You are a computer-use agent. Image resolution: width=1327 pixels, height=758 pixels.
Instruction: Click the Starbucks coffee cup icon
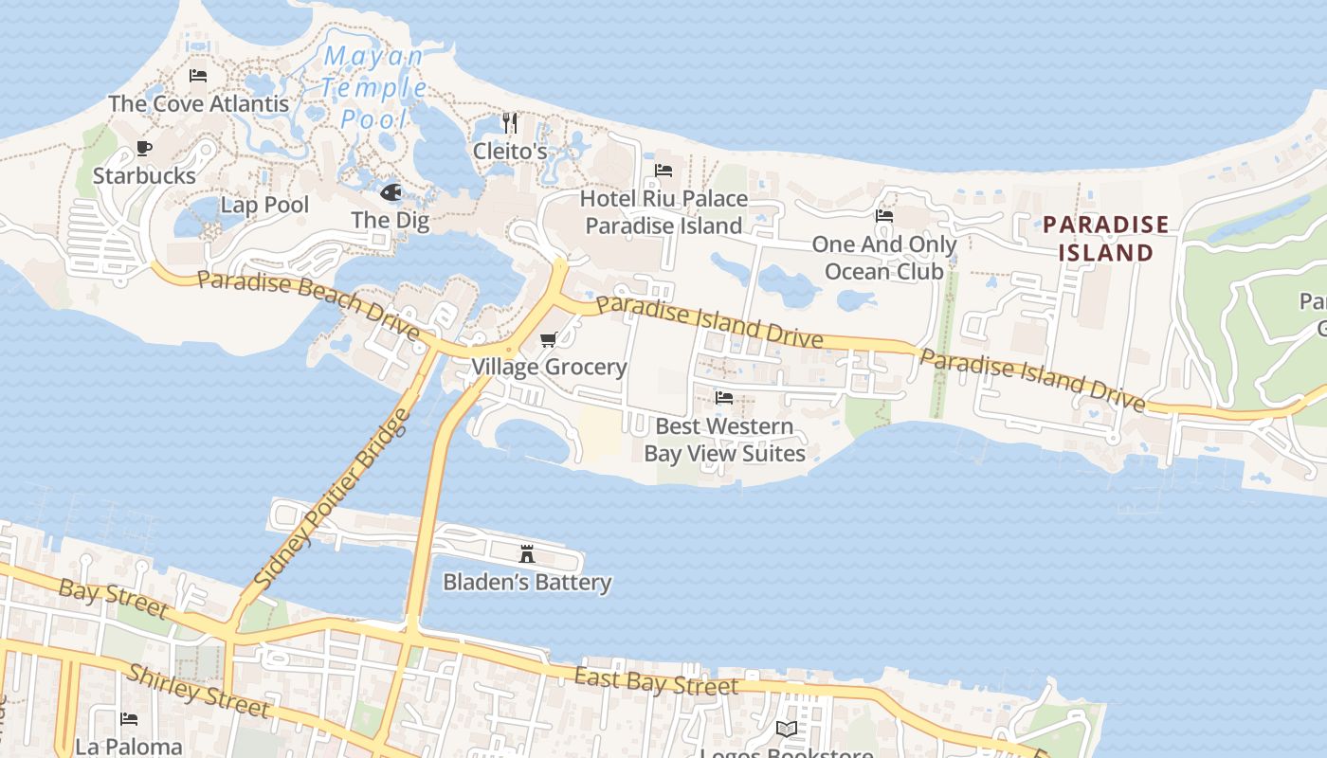[143, 148]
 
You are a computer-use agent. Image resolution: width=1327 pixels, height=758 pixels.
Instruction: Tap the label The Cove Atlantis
[198, 103]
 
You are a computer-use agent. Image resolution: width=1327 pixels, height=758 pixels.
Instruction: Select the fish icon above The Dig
[391, 192]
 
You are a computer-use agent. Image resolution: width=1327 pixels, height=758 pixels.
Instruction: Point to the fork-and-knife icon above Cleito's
[510, 123]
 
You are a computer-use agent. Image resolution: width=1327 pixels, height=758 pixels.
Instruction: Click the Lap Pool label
[264, 205]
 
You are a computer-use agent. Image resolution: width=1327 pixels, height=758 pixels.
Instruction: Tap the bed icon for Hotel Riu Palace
[663, 171]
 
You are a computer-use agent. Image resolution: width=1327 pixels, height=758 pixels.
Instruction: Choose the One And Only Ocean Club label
[883, 258]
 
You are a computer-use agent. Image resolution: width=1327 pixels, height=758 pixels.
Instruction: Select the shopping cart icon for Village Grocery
[548, 339]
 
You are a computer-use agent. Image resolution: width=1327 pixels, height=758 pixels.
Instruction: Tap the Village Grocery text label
[550, 367]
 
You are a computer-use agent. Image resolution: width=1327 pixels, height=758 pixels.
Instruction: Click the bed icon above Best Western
[724, 397]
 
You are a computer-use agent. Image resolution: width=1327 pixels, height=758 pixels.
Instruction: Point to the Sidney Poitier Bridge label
[334, 498]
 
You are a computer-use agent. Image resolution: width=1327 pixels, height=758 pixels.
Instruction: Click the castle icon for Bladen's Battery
[527, 554]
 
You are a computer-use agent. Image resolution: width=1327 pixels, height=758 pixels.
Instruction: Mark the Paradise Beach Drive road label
[309, 304]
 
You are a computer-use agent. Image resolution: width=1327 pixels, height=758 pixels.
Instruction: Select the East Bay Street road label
[656, 681]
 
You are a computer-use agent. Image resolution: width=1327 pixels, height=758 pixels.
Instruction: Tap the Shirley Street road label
[199, 691]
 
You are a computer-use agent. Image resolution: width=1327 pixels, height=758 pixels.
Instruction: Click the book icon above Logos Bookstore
[786, 729]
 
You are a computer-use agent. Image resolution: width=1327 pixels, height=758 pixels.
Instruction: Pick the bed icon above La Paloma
[129, 719]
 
